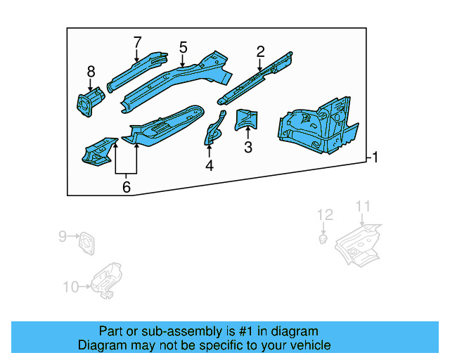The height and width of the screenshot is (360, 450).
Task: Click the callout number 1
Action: coord(375,157)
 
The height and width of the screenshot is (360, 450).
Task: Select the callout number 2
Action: coord(260,51)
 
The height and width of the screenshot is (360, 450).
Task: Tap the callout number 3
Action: coord(247,147)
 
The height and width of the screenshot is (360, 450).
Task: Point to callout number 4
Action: coord(209,166)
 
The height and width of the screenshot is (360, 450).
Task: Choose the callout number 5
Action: coord(183,47)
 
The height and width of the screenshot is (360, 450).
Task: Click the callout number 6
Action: coord(126,186)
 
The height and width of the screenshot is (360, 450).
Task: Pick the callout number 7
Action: coord(137,41)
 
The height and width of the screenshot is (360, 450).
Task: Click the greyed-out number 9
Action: coord(62,236)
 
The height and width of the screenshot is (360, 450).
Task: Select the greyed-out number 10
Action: coord(71,286)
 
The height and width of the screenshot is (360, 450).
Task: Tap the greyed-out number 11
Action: coord(362,206)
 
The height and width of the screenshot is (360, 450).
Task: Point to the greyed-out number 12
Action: coord(324,214)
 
